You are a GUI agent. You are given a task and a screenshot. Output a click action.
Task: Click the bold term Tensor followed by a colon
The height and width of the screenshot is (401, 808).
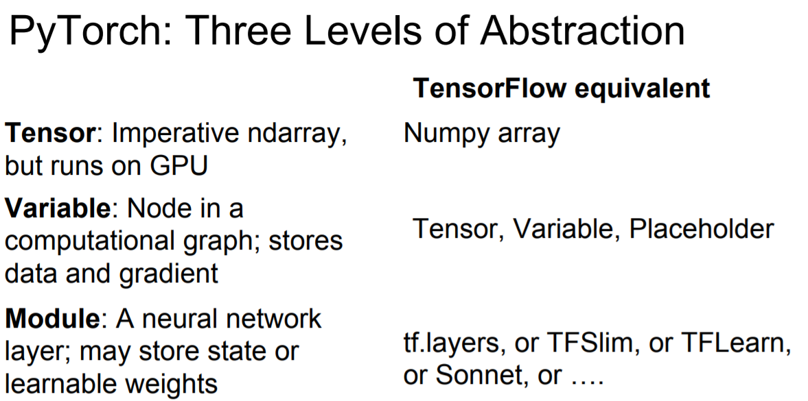pos(48,133)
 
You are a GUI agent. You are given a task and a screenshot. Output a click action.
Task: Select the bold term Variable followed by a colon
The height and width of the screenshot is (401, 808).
pos(56,208)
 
